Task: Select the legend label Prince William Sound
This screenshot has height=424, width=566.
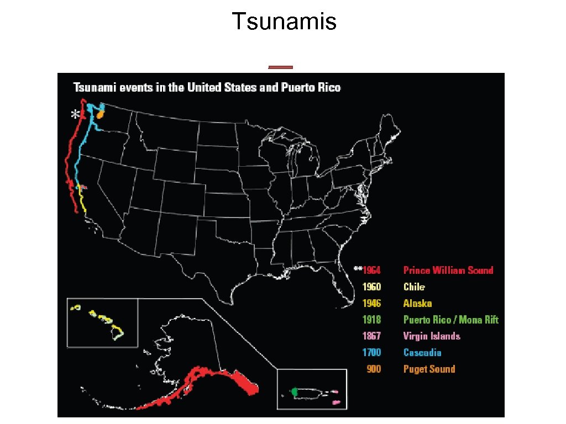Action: click(448, 270)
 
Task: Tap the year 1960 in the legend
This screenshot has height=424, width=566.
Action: click(371, 287)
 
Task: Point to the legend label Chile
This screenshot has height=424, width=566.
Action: click(414, 287)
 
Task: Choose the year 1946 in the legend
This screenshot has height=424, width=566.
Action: click(371, 303)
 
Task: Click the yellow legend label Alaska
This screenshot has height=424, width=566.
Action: click(417, 303)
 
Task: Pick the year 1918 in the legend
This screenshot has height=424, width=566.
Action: click(371, 320)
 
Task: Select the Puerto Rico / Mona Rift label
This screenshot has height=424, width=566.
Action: click(450, 320)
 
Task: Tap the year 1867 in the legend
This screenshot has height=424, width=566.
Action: click(371, 336)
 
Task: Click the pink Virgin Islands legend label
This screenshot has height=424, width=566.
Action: click(431, 336)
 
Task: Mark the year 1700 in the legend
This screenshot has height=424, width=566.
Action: click(371, 352)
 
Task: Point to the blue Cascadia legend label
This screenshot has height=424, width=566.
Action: click(422, 352)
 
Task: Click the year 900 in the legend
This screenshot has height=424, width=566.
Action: click(374, 369)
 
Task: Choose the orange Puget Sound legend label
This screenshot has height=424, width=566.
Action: click(429, 369)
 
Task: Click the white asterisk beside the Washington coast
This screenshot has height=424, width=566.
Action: click(75, 115)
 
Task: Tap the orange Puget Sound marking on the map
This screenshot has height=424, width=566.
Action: click(100, 114)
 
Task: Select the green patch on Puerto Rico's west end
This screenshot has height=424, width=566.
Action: click(295, 391)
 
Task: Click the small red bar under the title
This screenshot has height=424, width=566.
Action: click(280, 67)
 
